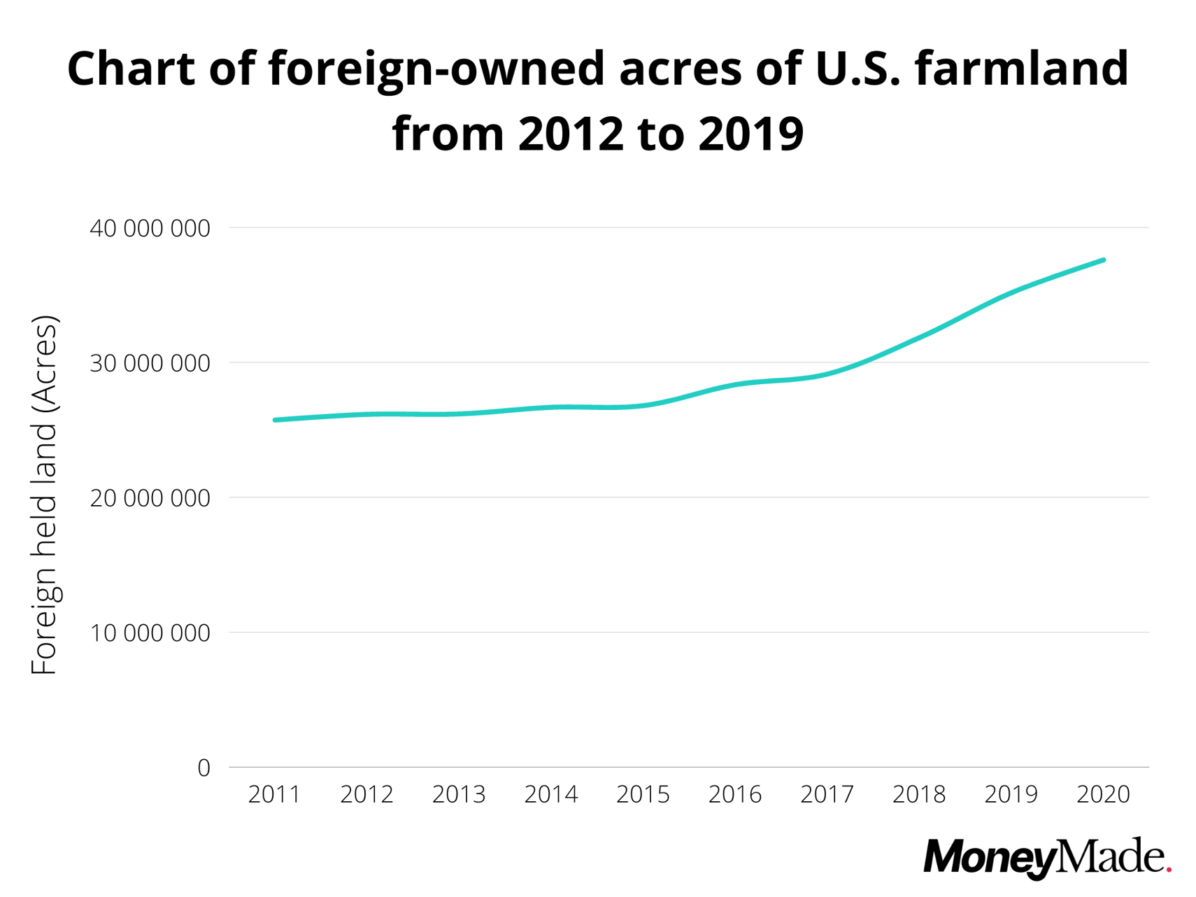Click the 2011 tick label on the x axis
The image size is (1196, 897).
coord(274,795)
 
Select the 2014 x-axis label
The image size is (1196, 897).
coord(551,795)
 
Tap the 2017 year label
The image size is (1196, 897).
coord(827,795)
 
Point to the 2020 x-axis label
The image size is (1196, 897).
coord(1103,795)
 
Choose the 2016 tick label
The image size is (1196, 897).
coord(735,795)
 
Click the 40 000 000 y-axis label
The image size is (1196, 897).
coord(150,229)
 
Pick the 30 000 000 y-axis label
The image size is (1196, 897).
coord(150,364)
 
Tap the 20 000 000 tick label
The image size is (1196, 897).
coord(150,499)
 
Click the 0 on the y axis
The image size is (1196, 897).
coord(204,768)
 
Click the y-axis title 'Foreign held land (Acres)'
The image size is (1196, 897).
coord(45,495)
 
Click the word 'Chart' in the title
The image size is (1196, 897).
coord(131,69)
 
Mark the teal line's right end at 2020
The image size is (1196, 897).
coord(1103,260)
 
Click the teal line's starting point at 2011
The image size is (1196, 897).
coord(275,420)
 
